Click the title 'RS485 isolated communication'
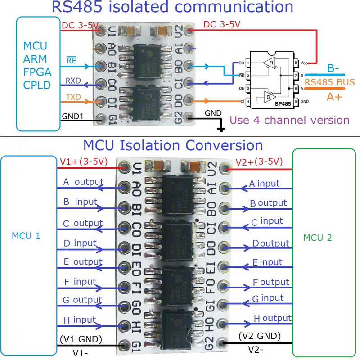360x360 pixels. (x=172, y=8)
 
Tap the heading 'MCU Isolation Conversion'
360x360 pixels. (x=173, y=145)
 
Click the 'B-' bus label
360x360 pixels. (x=333, y=68)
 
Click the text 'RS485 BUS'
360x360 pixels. (x=329, y=82)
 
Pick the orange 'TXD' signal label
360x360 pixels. (x=73, y=96)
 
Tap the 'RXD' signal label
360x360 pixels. (x=73, y=80)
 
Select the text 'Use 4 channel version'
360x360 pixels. (x=289, y=120)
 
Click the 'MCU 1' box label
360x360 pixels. (x=25, y=236)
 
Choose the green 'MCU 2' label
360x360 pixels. (x=317, y=238)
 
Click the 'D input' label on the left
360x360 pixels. (x=80, y=243)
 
